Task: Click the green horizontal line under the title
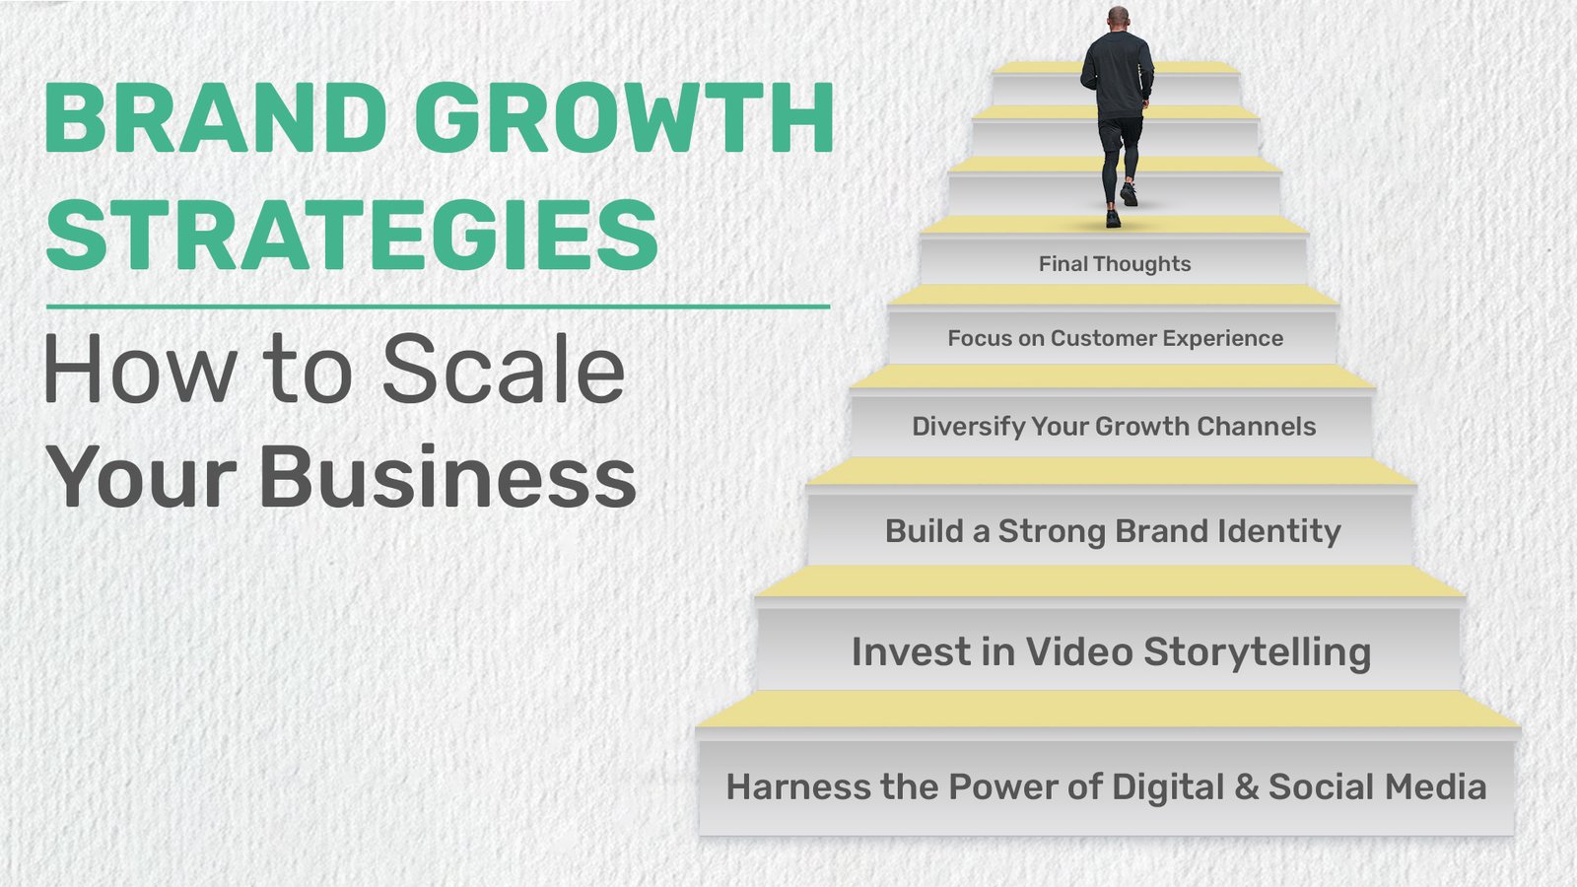(x=438, y=307)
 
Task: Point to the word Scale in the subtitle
(x=503, y=370)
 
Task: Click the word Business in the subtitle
(x=447, y=477)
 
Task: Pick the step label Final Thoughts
(x=1115, y=264)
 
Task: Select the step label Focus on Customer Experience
(x=1115, y=339)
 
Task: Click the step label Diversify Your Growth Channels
(x=1114, y=427)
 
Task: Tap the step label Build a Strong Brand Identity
(x=1113, y=531)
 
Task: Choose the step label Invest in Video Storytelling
(x=1111, y=652)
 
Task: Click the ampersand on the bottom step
(x=1247, y=787)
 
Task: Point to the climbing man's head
(x=1118, y=19)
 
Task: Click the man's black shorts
(x=1121, y=131)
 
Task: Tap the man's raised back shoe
(x=1130, y=194)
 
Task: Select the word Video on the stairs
(x=1079, y=652)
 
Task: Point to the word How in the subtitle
(x=139, y=370)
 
